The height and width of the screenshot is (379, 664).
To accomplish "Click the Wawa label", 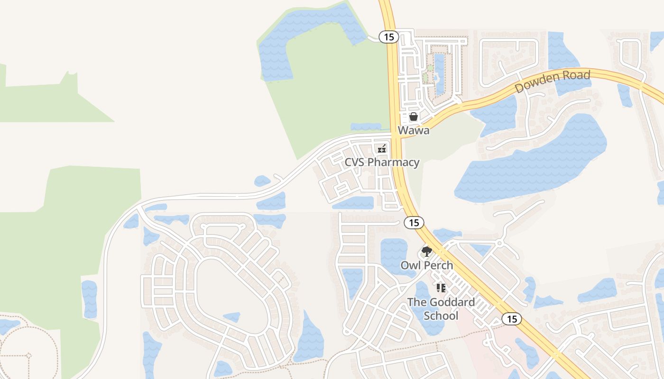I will click(x=414, y=130).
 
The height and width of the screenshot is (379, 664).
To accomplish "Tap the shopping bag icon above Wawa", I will click(x=414, y=117).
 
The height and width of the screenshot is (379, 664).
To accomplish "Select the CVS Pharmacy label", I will click(x=382, y=162).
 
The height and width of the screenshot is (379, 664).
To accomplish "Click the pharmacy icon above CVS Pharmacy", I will click(x=382, y=149).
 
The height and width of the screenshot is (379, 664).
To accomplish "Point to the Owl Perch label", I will click(x=427, y=265).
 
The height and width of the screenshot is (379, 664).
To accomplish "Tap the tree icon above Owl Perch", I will click(x=427, y=252).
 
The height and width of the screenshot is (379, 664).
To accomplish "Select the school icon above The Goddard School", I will click(x=441, y=288).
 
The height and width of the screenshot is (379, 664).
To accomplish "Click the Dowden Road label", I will click(x=553, y=81).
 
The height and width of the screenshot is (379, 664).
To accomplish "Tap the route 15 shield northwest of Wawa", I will click(x=389, y=37).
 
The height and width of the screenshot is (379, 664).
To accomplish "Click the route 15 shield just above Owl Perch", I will click(x=414, y=223).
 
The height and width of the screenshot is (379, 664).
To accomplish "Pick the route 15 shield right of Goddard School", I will click(x=512, y=319).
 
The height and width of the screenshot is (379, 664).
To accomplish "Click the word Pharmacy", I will click(x=393, y=162).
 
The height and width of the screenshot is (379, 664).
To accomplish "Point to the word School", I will click(x=441, y=316).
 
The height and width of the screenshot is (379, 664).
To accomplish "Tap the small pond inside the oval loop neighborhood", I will click(x=232, y=317).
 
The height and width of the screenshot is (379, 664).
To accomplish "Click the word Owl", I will click(x=410, y=265).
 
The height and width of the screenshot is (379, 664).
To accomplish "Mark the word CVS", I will click(x=355, y=162).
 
